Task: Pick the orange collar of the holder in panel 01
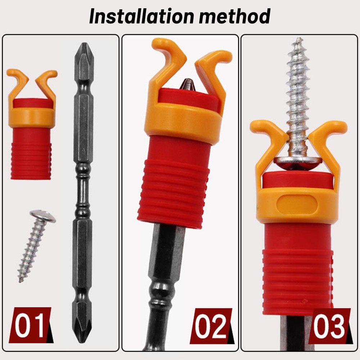pyautogui.click(x=31, y=117)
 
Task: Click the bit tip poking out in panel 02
pyautogui.click(x=187, y=84)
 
